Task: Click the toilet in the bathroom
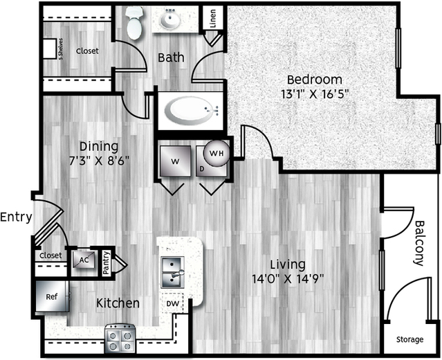133,23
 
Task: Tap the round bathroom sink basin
170,19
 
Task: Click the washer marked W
175,161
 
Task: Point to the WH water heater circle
217,153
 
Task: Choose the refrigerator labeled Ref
52,296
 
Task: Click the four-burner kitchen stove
120,339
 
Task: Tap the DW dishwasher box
173,303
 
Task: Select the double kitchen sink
172,272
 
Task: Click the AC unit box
84,260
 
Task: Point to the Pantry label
107,263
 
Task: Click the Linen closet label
213,18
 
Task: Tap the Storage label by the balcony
410,339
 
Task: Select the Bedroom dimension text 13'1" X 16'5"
315,93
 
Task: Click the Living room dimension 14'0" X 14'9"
288,279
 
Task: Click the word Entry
16,217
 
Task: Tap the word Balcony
419,243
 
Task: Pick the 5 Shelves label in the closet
61,49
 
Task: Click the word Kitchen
118,303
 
